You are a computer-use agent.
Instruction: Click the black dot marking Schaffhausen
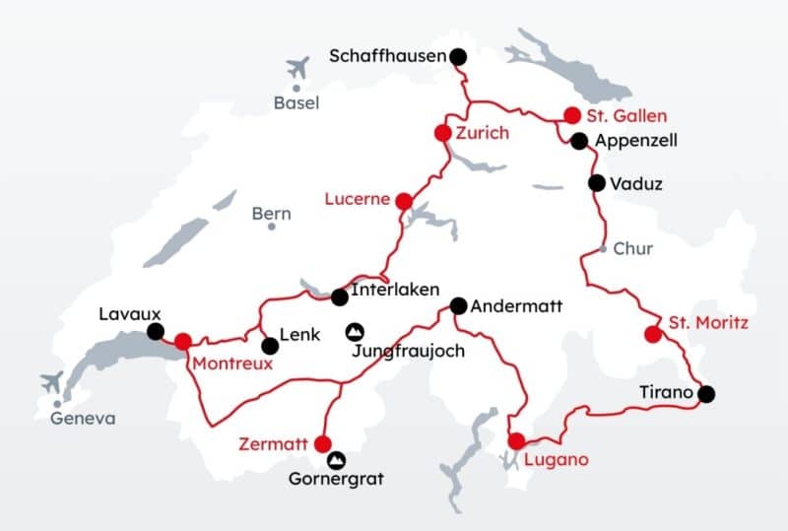458,57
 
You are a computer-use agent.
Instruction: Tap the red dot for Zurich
443,133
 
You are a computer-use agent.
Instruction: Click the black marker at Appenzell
579,141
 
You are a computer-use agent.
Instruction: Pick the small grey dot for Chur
603,248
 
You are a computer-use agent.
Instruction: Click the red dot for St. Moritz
651,334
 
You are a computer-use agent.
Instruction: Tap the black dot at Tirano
706,394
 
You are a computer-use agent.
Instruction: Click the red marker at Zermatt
324,444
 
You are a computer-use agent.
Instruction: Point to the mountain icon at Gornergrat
338,459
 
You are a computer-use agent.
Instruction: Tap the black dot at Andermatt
458,305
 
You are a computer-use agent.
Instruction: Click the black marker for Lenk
269,346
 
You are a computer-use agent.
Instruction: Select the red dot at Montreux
183,341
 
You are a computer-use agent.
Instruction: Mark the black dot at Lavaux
155,331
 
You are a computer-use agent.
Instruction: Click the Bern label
272,213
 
